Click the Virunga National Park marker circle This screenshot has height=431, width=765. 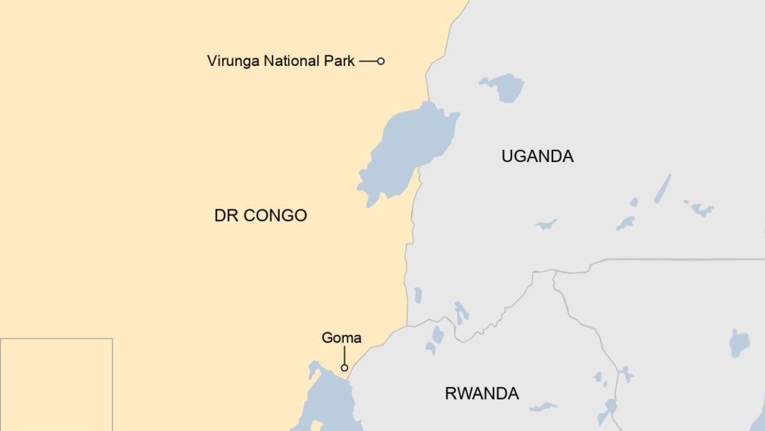point(381,61)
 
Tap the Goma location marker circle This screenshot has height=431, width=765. point(344,368)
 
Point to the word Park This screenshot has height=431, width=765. point(341,61)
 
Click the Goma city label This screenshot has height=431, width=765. point(341,337)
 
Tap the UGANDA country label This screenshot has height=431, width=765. point(537,156)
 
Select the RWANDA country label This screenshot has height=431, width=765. point(481,393)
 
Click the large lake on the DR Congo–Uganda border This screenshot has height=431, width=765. point(410,147)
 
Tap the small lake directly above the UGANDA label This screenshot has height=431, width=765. point(504,87)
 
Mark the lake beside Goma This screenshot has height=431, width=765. point(330,400)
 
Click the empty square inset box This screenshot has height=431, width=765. point(56,384)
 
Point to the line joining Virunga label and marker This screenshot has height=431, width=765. point(367,61)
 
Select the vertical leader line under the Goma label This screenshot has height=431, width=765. point(344,355)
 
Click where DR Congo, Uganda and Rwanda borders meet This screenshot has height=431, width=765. point(407,327)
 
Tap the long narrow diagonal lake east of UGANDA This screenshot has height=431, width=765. point(663,189)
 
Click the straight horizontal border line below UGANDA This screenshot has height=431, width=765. point(685,260)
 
